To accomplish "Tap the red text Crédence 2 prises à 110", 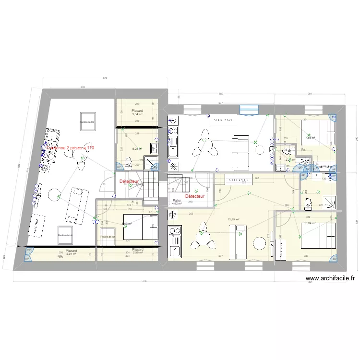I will click(x=70, y=148).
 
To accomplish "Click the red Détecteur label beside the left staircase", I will click(x=129, y=181).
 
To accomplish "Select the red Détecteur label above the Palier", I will click(x=195, y=196).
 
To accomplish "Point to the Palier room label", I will click(x=177, y=201).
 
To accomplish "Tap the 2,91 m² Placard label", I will click(x=72, y=252).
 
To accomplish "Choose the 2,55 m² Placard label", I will click(x=138, y=251).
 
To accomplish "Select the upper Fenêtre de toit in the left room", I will click(x=88, y=121).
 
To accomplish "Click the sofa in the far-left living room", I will click(x=76, y=205).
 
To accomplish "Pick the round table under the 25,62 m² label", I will click(x=260, y=243).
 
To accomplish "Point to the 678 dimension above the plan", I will click(x=105, y=78).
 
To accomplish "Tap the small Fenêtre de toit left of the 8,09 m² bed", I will click(x=108, y=236).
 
